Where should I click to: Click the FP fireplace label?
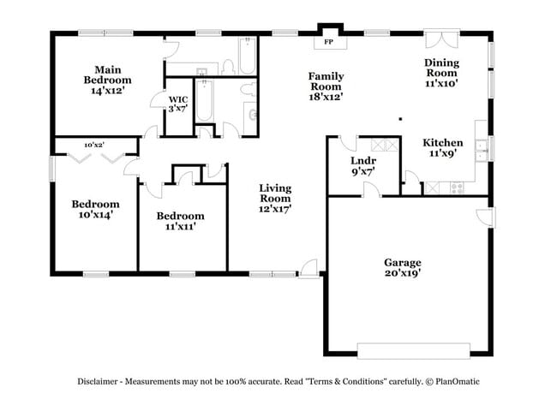coord(328,42)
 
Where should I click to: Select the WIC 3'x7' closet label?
coord(177,104)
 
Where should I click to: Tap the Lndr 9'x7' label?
coord(363,164)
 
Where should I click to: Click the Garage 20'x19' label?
coord(402,268)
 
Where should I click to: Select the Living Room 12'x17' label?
coord(275,199)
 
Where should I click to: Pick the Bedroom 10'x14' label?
coord(94,209)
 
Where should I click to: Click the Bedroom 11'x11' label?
coord(180,221)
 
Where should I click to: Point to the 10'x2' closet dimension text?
coord(94,145)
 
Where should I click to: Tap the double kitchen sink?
coord(481,147)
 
